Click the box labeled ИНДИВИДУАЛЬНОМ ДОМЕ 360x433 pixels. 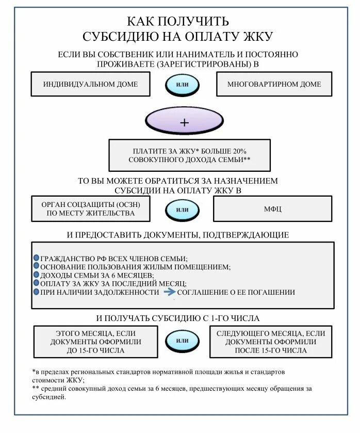pos(91,84)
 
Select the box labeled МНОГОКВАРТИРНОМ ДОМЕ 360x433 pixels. pos(274,84)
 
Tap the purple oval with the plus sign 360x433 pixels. pos(185,122)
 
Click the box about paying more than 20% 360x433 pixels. pos(189,155)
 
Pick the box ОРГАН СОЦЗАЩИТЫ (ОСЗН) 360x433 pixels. pos(91,209)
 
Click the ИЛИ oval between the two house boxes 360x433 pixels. pos(182,85)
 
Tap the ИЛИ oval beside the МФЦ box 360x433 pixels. pos(182,210)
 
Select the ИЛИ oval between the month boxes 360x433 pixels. pos(182,341)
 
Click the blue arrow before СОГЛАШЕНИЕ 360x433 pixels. pos(170,292)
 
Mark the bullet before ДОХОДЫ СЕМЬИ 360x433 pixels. pos(36,275)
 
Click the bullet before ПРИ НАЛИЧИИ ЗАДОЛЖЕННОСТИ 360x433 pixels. pos(36,292)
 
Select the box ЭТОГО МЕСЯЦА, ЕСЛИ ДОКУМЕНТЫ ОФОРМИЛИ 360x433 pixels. pos(95,342)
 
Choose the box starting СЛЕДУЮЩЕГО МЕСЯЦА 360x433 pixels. pos(270,342)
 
